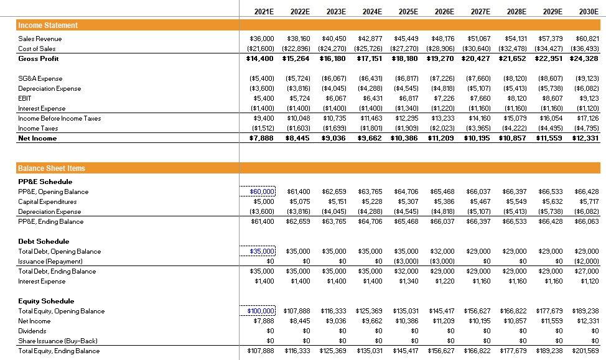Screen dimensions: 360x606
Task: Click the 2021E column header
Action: click(264, 11)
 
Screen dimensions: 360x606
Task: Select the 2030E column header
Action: click(589, 11)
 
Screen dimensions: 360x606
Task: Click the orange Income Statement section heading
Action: click(49, 25)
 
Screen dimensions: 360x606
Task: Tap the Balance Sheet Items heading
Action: click(52, 168)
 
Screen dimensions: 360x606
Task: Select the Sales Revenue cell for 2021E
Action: click(262, 39)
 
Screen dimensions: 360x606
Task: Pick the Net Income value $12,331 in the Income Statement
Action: click(585, 138)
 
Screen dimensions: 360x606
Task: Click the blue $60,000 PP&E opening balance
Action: click(262, 192)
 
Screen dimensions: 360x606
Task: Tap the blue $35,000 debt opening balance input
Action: click(262, 251)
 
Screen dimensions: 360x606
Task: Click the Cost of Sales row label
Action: click(37, 48)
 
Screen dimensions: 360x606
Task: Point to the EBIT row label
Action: click(24, 98)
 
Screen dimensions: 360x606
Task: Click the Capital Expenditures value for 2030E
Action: click(589, 201)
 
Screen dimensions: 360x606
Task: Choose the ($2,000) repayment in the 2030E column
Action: click(586, 261)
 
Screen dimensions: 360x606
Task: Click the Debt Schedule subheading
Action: click(44, 241)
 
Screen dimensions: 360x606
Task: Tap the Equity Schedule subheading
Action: click(46, 301)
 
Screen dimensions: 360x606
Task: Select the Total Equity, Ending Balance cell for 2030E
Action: click(585, 351)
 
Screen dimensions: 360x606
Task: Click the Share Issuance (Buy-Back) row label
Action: click(58, 341)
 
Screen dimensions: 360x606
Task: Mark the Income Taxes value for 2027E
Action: click(478, 128)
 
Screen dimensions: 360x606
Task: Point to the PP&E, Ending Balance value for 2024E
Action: click(370, 221)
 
